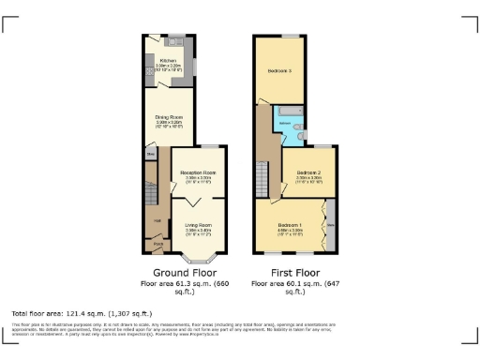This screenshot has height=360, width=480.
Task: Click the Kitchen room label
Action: coord(169,60)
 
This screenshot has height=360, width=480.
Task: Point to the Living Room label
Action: coord(198,225)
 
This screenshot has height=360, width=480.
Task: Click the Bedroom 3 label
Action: coord(279,71)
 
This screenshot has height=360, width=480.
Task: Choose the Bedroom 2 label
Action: coord(309,173)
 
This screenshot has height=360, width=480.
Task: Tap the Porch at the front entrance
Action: coord(157,247)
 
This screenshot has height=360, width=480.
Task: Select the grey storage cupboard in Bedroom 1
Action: coord(330,226)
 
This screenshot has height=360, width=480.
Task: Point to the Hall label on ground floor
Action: coord(157,221)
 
